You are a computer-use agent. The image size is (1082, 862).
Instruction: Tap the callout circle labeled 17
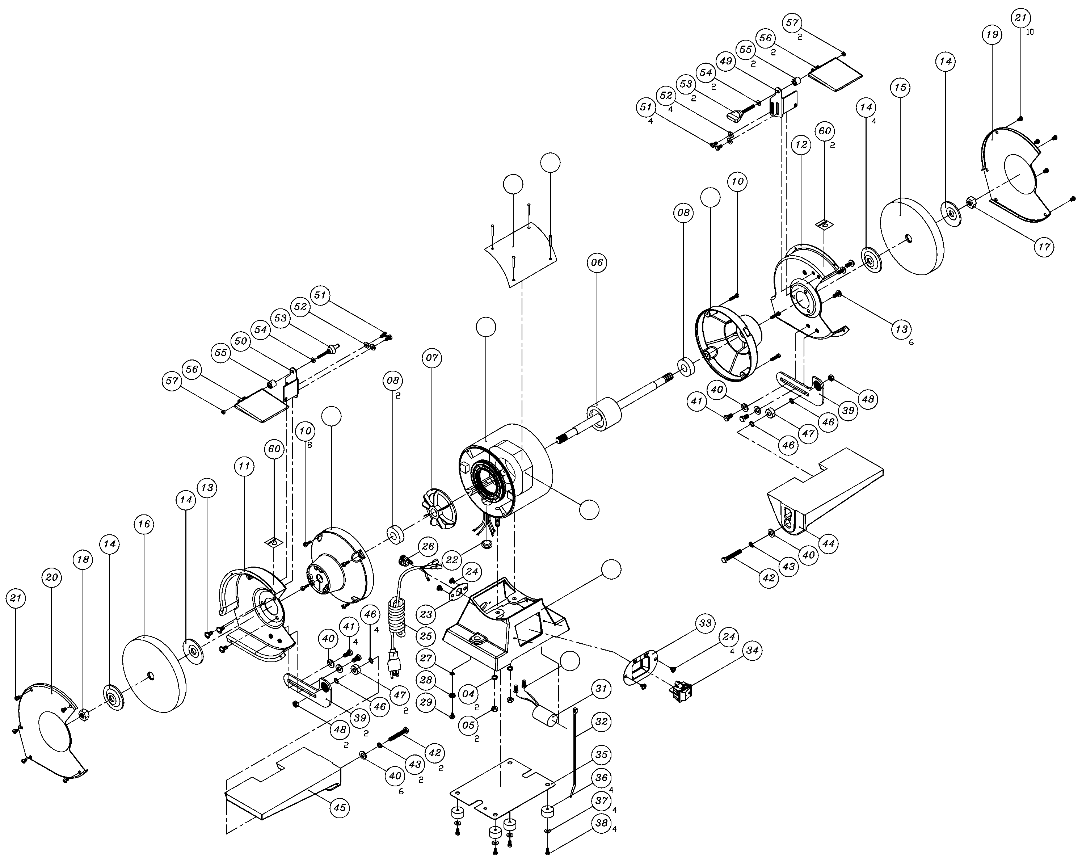click(x=1044, y=247)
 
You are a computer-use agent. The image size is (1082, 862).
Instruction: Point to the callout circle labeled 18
click(x=83, y=560)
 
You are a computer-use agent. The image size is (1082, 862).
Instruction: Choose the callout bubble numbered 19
click(x=992, y=35)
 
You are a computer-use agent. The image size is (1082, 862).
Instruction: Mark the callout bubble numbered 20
click(x=52, y=577)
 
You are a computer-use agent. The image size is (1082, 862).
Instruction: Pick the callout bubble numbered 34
click(x=752, y=651)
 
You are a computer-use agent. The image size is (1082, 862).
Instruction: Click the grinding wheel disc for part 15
click(x=912, y=236)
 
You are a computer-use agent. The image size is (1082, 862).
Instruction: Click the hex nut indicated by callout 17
click(x=971, y=203)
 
